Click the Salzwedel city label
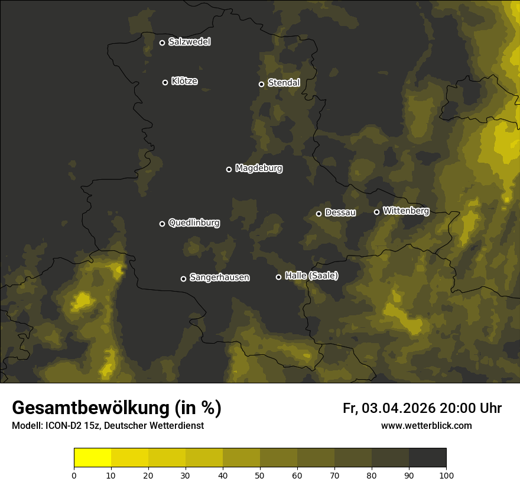[x=189, y=42]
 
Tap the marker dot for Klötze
[x=165, y=82]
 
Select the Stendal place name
[x=284, y=83]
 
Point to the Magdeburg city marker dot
[x=229, y=169]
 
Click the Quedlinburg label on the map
[x=194, y=223]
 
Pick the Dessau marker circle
[x=319, y=214]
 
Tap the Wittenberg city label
[x=406, y=211]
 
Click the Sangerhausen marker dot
[x=184, y=279]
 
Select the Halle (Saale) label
[x=311, y=276]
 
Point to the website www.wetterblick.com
[x=426, y=426]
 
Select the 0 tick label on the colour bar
[x=74, y=475]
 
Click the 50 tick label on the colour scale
[x=260, y=475]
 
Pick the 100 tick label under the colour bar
[x=446, y=475]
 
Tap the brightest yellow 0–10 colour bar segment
[x=93, y=458]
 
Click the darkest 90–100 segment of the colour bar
[x=427, y=458]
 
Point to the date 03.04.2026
[x=399, y=409]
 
